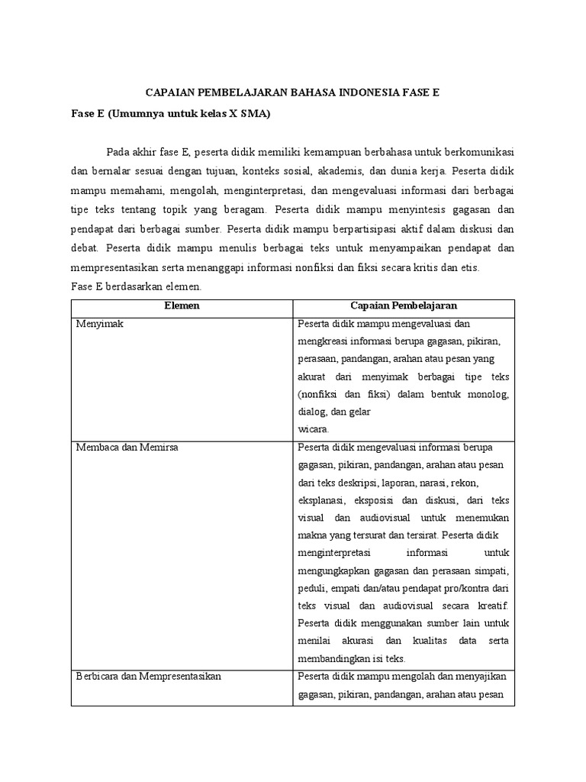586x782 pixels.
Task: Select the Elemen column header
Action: coord(182,305)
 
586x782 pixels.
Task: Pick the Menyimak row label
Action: coord(99,324)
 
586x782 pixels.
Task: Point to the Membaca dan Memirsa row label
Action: coord(127,448)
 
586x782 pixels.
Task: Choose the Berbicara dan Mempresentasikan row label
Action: coord(148,677)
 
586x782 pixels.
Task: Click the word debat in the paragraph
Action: coord(85,248)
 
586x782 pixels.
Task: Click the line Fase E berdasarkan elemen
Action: coord(136,287)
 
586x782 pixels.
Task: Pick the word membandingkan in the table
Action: coord(336,659)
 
